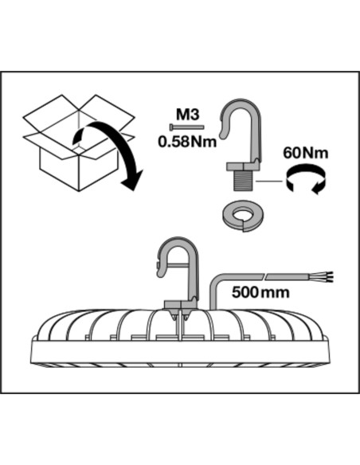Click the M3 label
(x=188, y=114)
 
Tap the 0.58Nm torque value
(x=187, y=142)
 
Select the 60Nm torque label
(x=305, y=153)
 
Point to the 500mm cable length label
(x=260, y=292)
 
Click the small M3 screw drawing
(x=186, y=127)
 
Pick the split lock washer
(x=243, y=217)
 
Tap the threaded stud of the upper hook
(x=243, y=181)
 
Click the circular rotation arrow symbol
(x=306, y=180)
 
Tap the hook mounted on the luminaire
(x=178, y=273)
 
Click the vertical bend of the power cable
(x=213, y=292)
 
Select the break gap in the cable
(x=265, y=276)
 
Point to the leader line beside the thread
(x=268, y=181)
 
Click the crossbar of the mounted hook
(x=177, y=264)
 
